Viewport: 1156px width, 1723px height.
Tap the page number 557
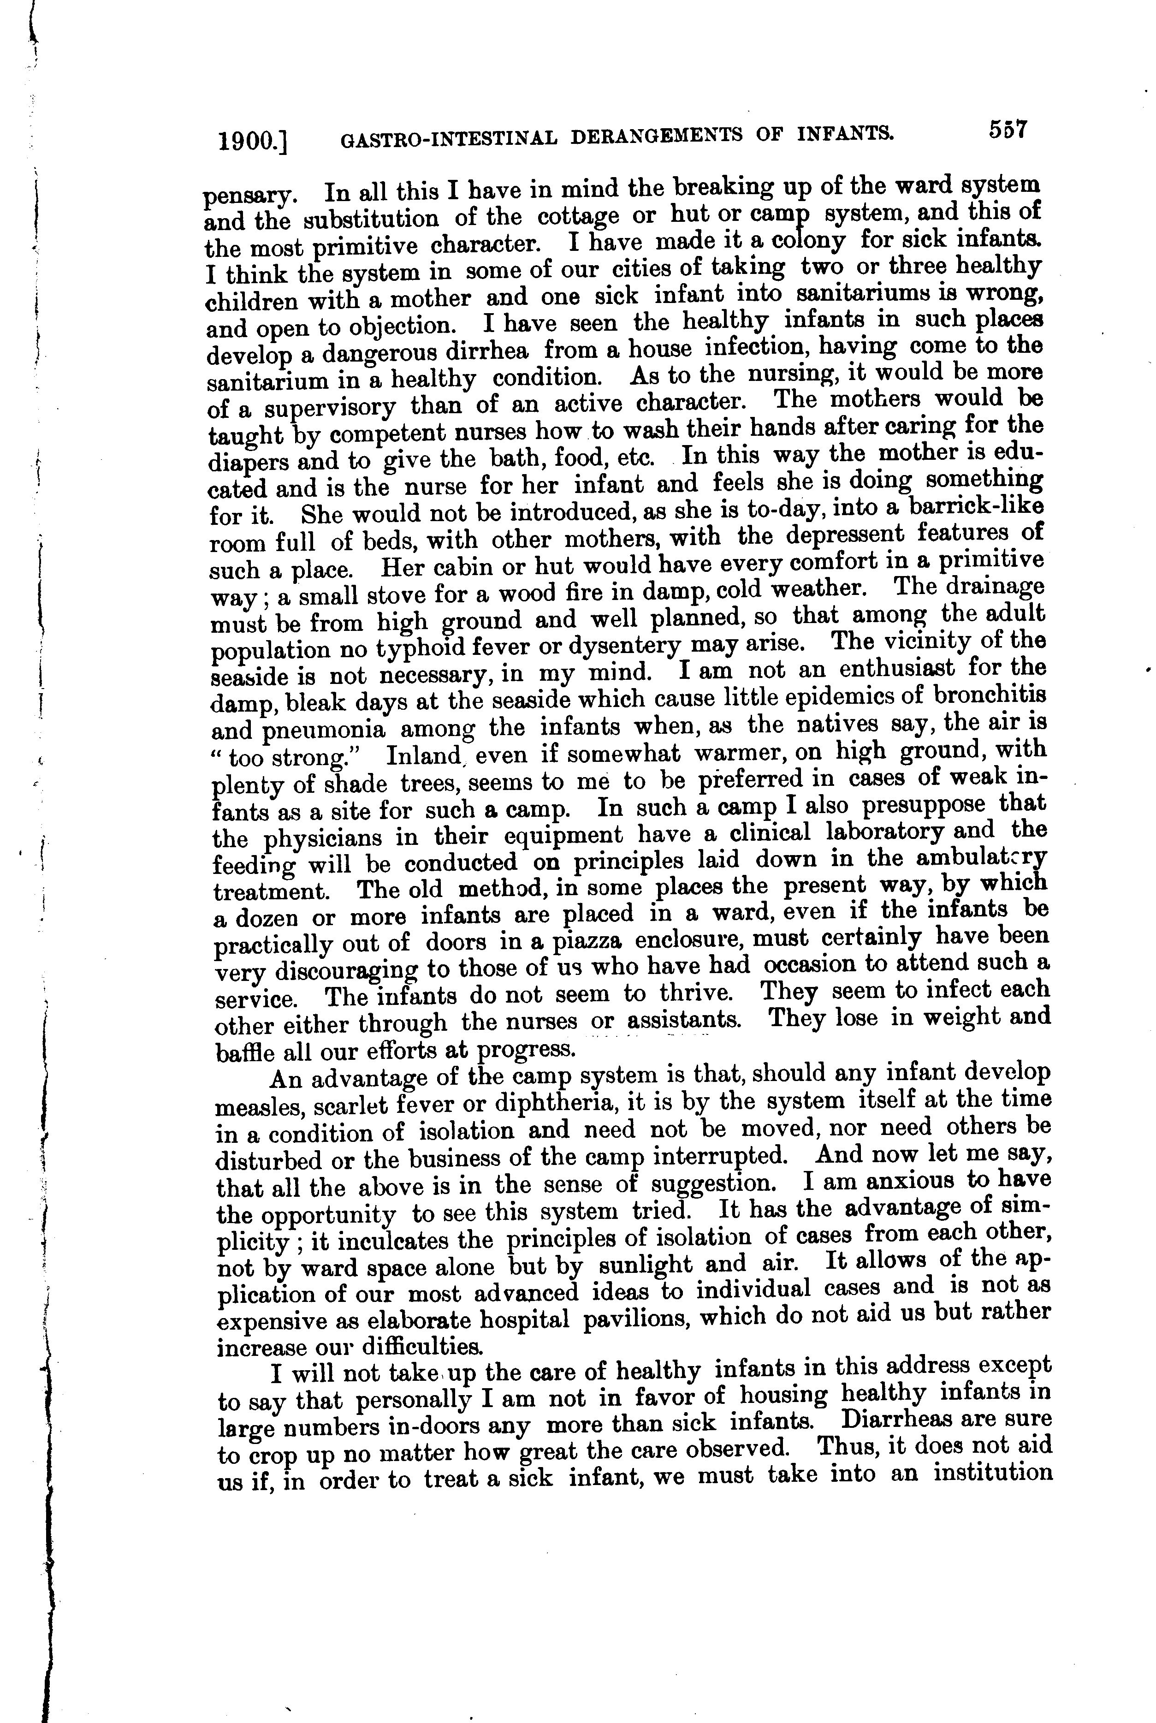pyautogui.click(x=1008, y=131)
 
